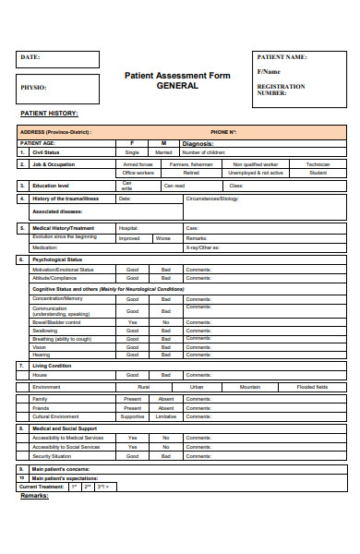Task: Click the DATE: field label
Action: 30,57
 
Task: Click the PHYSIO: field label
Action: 32,88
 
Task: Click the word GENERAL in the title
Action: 177,85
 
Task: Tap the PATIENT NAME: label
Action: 282,57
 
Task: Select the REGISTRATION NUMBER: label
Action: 280,90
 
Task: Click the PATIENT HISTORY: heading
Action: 49,113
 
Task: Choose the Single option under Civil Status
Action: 132,152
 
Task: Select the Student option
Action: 318,173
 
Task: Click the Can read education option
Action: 174,186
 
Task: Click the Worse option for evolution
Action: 163,238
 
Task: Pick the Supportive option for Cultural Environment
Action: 133,416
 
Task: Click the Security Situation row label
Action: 55,455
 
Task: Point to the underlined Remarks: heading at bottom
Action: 34,496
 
